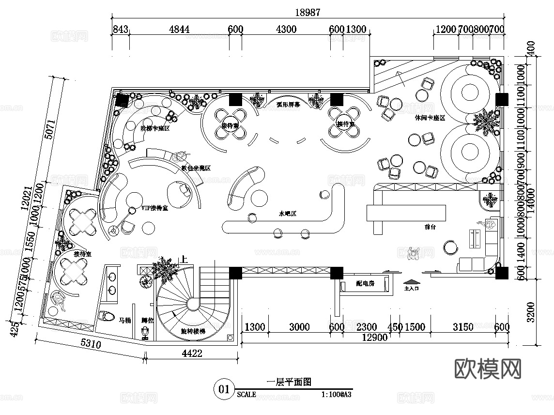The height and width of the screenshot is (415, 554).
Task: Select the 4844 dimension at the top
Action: coord(179,30)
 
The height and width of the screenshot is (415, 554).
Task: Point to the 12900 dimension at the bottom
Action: coord(375,338)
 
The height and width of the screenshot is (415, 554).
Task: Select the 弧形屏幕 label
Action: coord(288,104)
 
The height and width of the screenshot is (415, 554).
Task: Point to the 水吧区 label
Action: coord(287,214)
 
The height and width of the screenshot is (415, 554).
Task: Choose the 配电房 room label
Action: coord(365,284)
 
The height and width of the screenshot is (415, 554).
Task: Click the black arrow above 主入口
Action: coord(410,281)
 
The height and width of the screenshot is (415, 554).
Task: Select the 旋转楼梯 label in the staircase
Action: coord(193,332)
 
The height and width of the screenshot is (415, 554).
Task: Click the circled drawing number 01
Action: coord(224,389)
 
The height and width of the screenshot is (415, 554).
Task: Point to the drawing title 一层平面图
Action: coord(289,382)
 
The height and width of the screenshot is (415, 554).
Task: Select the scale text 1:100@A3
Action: coord(336,395)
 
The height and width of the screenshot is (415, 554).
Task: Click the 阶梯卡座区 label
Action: coord(155,128)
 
